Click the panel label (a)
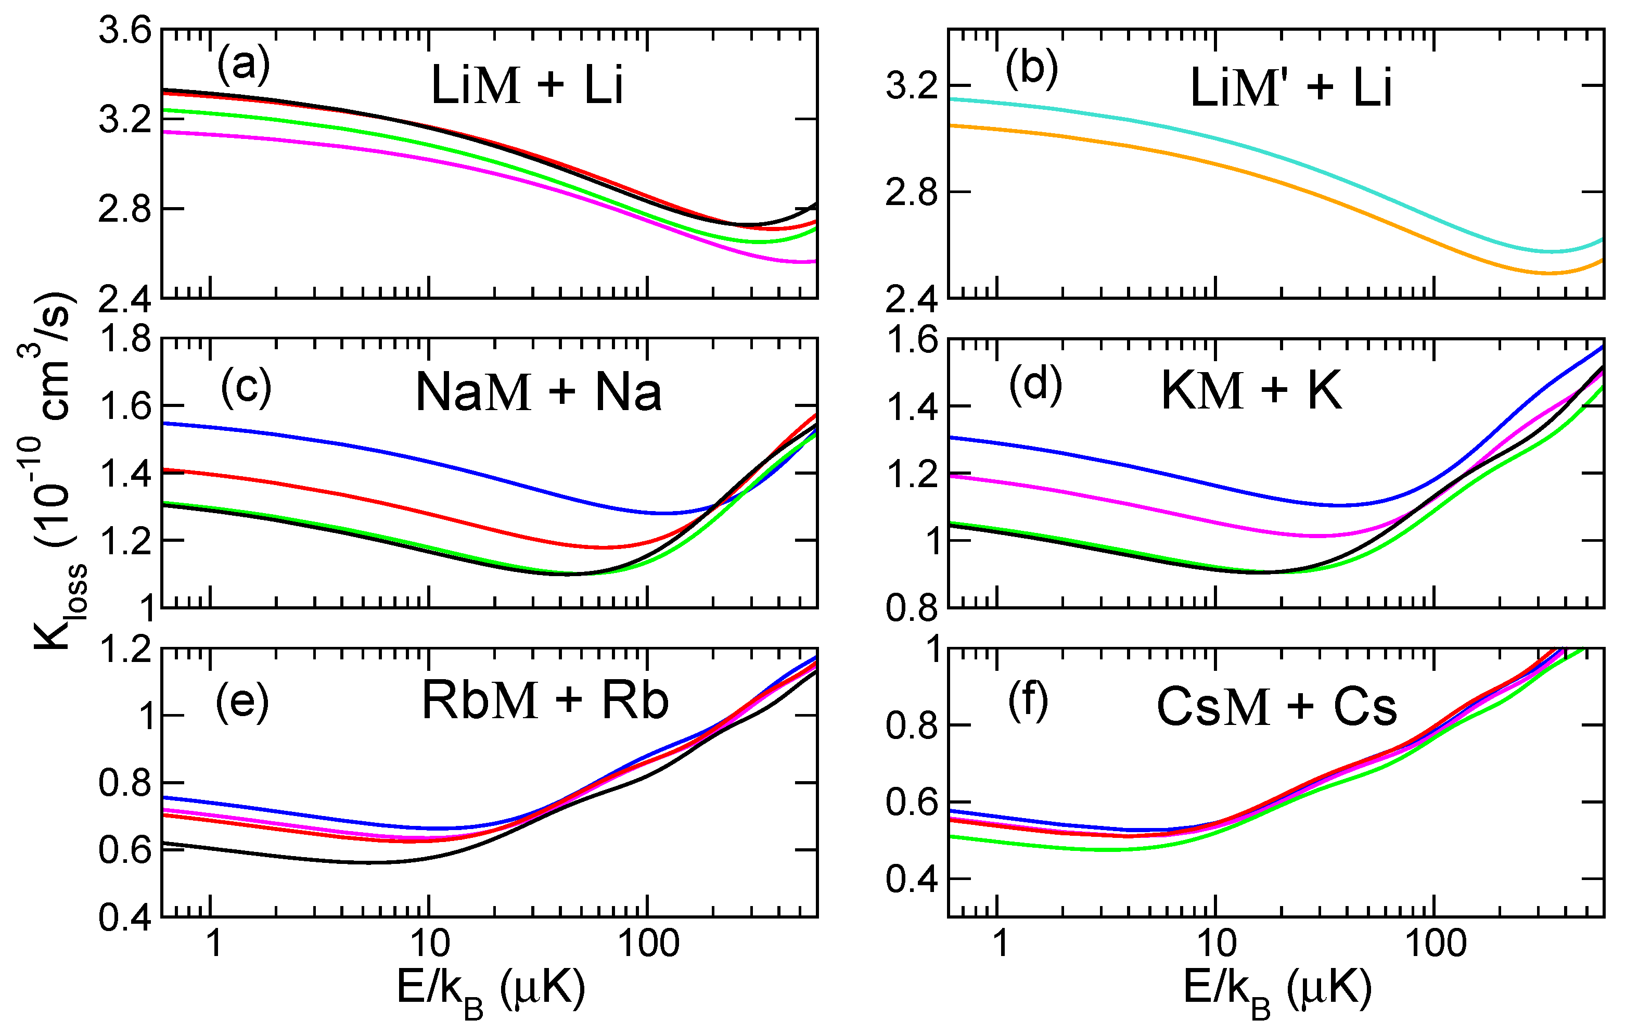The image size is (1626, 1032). (x=243, y=66)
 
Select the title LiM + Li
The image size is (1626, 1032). (x=527, y=86)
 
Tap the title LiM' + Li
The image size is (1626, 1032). (x=1290, y=88)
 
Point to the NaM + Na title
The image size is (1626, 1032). (x=538, y=392)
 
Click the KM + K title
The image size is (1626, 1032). (x=1250, y=390)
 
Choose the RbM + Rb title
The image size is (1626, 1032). (x=545, y=700)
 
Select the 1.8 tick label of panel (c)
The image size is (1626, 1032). (x=125, y=339)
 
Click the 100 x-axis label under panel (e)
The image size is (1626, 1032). (x=648, y=944)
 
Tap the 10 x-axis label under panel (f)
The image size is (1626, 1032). (x=1216, y=944)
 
